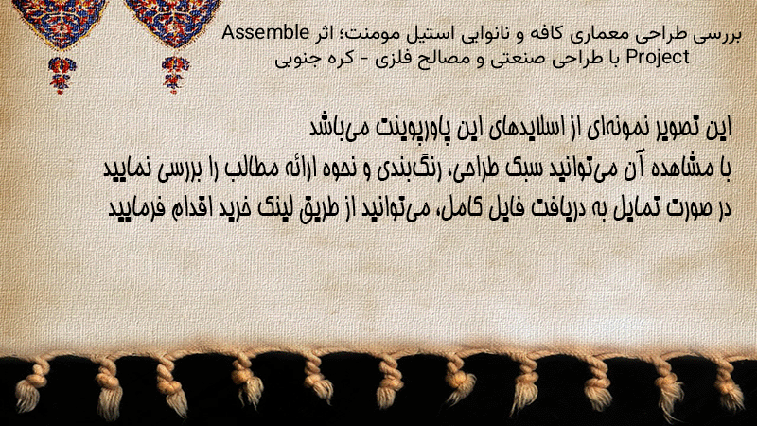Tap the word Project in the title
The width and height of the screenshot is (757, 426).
pos(658,58)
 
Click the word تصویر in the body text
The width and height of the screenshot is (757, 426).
pos(676,128)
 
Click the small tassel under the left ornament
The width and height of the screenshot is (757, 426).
pos(62,75)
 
